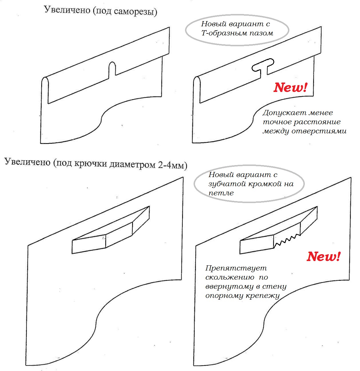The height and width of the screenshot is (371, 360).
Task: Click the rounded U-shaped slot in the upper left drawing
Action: click(112, 69)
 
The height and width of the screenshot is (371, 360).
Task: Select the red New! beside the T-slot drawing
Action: click(290, 87)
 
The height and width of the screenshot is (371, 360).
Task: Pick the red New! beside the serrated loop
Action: click(323, 256)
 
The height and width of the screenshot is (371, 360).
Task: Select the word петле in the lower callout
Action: click(221, 193)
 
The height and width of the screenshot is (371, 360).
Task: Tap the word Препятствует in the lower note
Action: click(236, 268)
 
